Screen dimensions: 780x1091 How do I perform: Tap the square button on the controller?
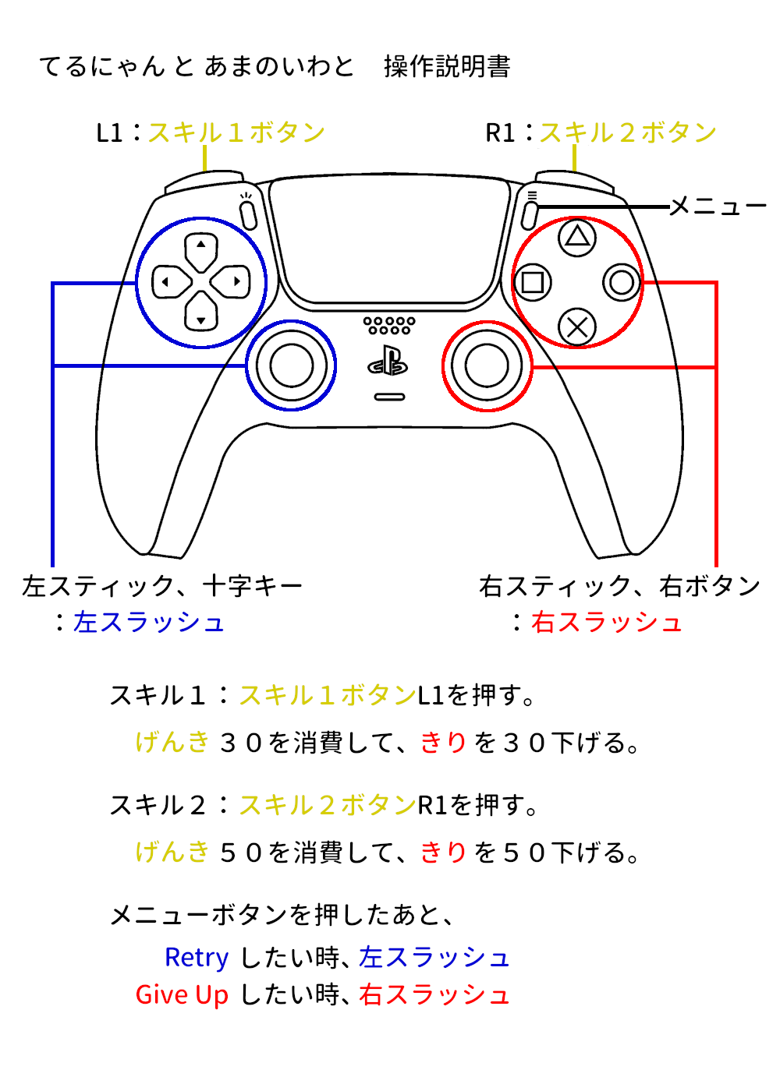pos(532,282)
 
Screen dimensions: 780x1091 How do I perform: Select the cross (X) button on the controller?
pos(576,327)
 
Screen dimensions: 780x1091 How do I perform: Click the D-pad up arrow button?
pos(201,252)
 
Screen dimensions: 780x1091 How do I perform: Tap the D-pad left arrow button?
pos(172,281)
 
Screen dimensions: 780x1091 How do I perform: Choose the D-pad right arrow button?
pos(230,281)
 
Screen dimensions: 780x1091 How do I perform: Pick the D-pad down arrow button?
pos(201,311)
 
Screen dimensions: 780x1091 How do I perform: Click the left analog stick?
pos(292,365)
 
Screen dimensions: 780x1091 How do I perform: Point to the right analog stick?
pos(487,365)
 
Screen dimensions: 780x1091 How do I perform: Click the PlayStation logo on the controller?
pos(388,361)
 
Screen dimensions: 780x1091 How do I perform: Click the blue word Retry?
pos(197,958)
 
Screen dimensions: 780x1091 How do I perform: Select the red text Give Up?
pos(182,994)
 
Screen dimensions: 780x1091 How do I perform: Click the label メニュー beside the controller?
pos(718,207)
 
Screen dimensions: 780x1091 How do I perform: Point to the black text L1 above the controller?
pos(109,133)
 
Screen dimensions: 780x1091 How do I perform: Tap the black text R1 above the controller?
pos(500,133)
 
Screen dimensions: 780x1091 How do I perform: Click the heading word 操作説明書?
pos(447,65)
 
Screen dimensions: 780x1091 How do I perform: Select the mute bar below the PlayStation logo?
pos(389,397)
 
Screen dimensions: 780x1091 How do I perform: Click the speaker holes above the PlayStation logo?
pos(389,326)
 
